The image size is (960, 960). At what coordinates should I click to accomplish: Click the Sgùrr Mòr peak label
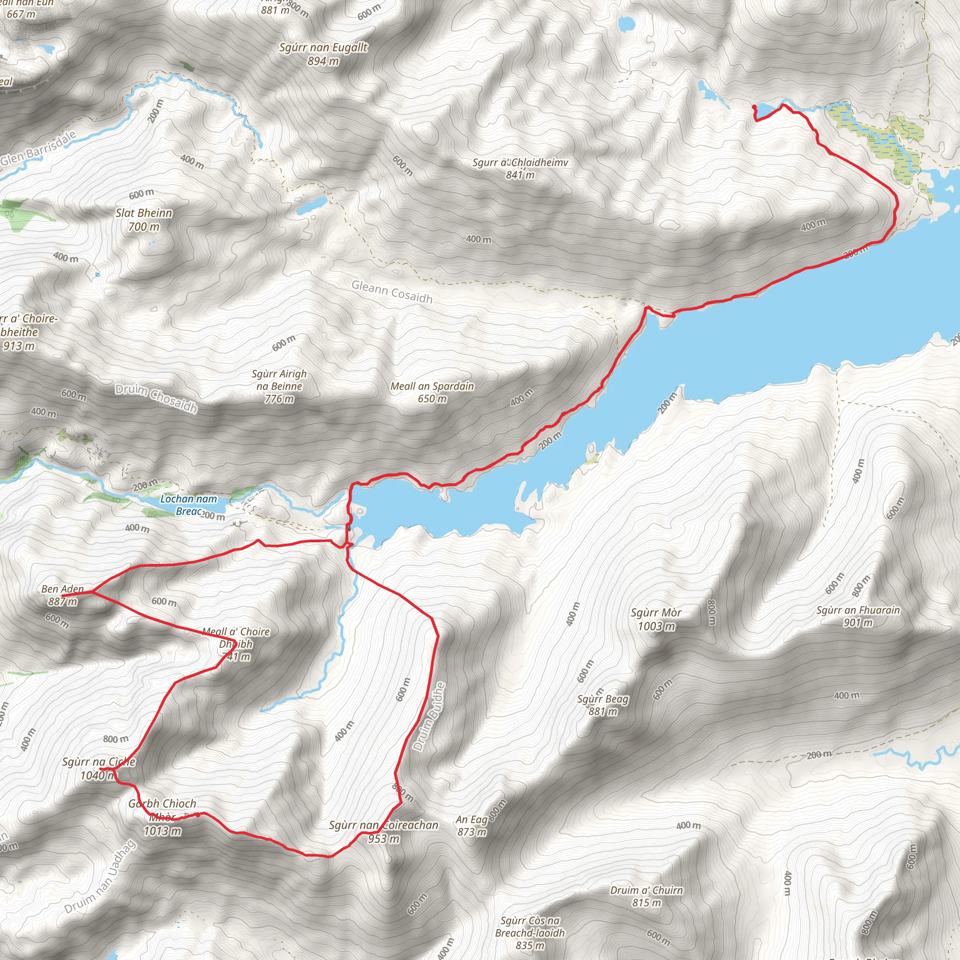(x=656, y=613)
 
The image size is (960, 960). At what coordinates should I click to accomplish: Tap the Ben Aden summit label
(x=63, y=589)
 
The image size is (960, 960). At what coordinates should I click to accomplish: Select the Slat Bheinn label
(x=144, y=213)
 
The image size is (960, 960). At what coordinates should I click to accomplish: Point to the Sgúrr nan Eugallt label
(x=323, y=48)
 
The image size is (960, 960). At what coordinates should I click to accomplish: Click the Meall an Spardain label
(x=432, y=386)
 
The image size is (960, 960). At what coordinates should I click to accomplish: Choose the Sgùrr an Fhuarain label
(x=858, y=610)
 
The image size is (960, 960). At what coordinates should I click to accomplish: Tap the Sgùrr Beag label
(x=603, y=699)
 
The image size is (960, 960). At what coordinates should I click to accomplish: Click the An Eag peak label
(x=472, y=820)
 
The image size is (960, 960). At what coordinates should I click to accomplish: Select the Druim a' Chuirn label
(x=646, y=890)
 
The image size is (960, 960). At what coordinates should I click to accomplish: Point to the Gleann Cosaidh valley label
(x=392, y=292)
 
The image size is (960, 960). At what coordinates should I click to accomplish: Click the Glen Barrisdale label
(x=39, y=148)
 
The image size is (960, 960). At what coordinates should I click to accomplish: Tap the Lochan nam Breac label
(x=189, y=505)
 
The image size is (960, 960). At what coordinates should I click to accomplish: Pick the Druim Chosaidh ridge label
(x=157, y=398)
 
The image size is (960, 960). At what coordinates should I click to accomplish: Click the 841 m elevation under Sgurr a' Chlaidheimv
(x=520, y=175)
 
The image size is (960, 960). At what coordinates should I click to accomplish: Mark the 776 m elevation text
(x=279, y=399)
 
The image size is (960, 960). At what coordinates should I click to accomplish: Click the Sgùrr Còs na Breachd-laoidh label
(x=530, y=926)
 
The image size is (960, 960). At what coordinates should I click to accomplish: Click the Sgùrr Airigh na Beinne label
(x=279, y=380)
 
